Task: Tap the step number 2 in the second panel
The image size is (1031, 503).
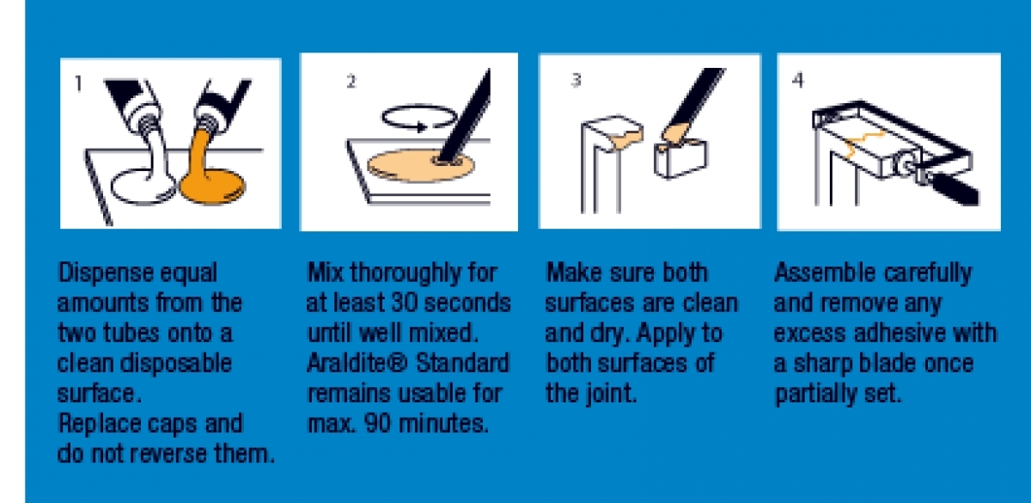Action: tap(351, 83)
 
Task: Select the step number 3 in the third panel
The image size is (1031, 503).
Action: tap(576, 81)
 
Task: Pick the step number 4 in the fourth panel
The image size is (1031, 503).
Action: tap(798, 80)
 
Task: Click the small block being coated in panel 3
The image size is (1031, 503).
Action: tap(680, 155)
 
